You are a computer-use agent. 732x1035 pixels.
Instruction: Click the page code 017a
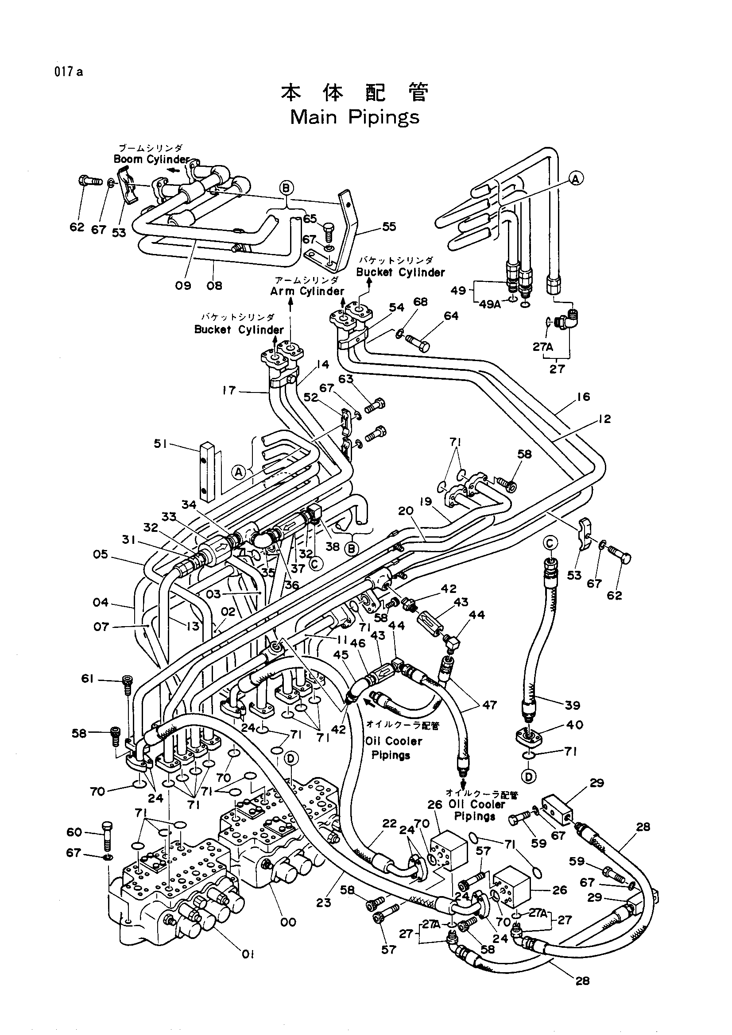[69, 72]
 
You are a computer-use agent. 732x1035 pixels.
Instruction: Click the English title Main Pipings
[355, 118]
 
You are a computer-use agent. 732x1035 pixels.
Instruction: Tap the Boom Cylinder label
[151, 159]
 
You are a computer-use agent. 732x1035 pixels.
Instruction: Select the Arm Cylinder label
[307, 291]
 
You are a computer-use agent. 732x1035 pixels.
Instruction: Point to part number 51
[160, 444]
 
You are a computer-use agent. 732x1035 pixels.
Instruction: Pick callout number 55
[389, 226]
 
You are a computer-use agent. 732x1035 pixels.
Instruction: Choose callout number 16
[583, 396]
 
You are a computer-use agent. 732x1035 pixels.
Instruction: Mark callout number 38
[333, 546]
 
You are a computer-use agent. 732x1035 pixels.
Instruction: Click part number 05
[101, 554]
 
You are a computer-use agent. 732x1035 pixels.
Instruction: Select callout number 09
[183, 285]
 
